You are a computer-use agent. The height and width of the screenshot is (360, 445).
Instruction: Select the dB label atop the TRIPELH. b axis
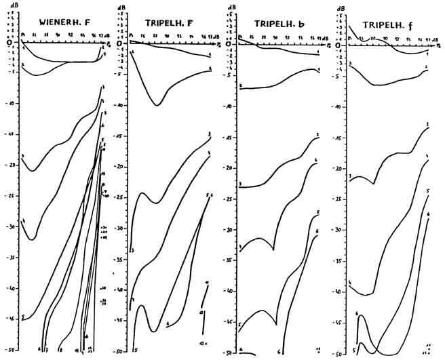pos(231,7)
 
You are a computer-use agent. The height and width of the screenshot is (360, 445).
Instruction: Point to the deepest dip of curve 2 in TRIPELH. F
pos(157,104)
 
